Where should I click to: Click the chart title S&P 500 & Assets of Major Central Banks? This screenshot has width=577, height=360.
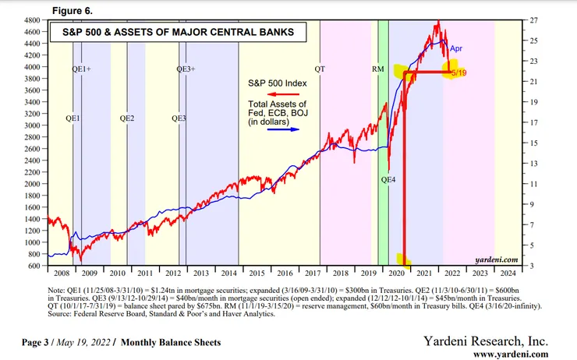174,33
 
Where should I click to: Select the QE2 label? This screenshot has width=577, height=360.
127,118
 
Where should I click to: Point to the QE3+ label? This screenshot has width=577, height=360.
186,69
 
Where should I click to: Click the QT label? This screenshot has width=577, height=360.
320,69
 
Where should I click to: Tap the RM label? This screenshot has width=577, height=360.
378,69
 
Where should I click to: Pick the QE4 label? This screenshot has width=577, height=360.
388,179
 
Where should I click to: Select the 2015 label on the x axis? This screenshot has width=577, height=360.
253,274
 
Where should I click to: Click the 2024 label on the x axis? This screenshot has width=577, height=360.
507,274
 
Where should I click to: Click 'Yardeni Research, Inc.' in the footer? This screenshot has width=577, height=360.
485,341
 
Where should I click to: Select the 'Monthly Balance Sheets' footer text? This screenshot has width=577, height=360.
172,342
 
